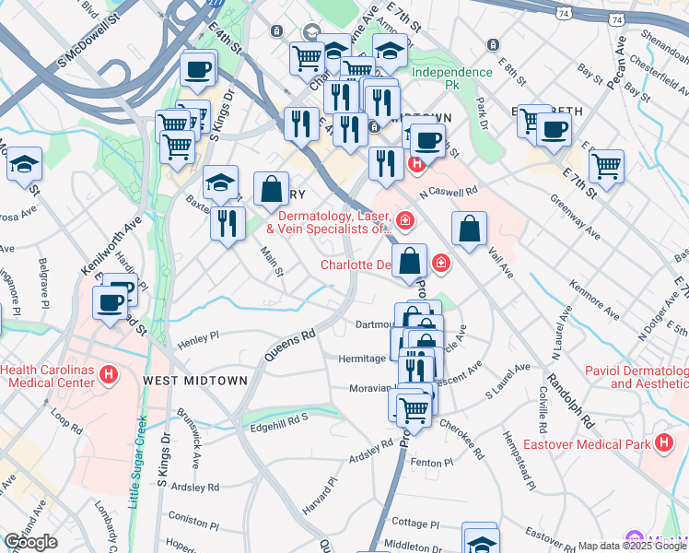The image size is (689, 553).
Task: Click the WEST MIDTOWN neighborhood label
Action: coord(195,380)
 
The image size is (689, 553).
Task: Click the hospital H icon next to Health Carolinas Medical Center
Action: coord(109,375)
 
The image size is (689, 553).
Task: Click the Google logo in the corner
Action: coord(30,542)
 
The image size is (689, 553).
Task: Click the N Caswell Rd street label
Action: coord(449,193)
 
